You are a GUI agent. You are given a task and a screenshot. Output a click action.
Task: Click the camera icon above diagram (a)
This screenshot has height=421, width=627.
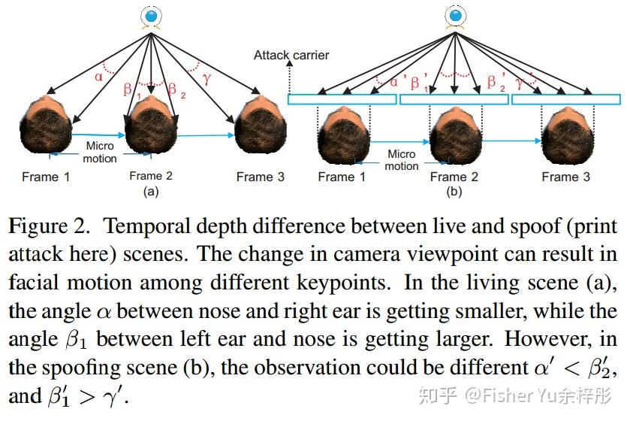click(152, 16)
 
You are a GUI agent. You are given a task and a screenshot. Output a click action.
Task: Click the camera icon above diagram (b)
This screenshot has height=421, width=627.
click(454, 16)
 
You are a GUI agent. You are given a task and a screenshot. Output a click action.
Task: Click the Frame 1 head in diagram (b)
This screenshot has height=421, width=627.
click(342, 135)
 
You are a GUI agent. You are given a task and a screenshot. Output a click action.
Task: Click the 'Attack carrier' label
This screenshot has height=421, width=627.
click(291, 56)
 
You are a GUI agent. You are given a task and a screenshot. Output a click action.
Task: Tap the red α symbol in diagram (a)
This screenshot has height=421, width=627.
click(98, 76)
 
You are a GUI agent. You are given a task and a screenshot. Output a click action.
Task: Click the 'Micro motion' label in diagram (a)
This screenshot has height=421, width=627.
click(100, 152)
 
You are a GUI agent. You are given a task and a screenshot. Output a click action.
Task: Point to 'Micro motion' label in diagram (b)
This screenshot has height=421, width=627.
click(401, 159)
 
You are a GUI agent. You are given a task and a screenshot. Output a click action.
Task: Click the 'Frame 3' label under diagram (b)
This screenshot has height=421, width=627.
click(565, 177)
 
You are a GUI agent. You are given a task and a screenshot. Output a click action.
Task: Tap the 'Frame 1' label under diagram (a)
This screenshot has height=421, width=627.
click(46, 177)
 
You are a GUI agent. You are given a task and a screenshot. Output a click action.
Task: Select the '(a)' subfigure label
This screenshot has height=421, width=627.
click(151, 192)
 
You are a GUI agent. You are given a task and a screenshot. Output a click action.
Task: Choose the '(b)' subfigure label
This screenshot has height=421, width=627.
click(454, 192)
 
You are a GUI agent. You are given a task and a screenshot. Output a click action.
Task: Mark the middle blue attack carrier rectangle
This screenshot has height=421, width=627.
click(454, 99)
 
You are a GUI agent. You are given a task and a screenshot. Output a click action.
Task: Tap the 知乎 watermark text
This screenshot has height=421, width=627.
click(436, 395)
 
